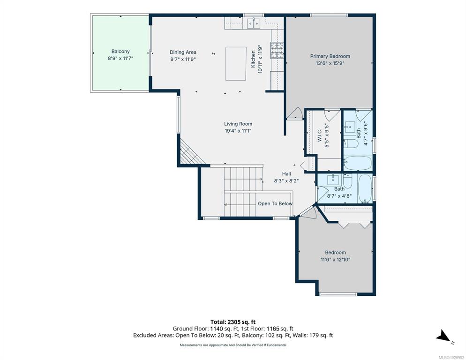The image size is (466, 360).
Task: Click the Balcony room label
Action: (x=120, y=52)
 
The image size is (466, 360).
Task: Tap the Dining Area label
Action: (x=183, y=52)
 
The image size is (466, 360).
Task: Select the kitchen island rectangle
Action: (x=236, y=64)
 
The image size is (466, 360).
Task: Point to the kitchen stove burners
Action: (x=277, y=50)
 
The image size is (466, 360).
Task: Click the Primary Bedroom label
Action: (x=330, y=56)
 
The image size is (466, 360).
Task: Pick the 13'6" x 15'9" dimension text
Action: (x=330, y=63)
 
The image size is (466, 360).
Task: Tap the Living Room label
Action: (x=238, y=124)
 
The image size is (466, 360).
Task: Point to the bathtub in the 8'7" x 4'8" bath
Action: (x=365, y=188)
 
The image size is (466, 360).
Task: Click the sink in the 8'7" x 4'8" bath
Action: (x=333, y=180)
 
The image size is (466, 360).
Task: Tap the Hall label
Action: (x=286, y=174)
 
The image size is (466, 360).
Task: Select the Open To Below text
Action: (x=275, y=203)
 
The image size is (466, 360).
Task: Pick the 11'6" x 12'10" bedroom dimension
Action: (x=335, y=260)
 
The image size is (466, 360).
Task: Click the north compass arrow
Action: (x=443, y=336)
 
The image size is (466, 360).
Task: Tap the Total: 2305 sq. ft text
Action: (x=233, y=322)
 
